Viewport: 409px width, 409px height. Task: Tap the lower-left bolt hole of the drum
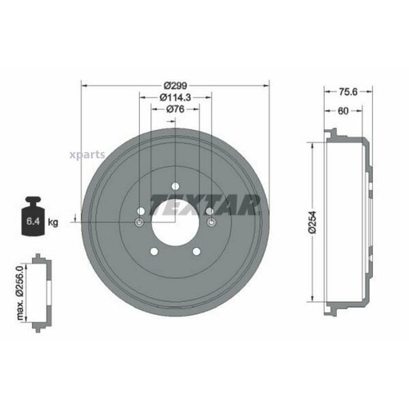pos(153,252)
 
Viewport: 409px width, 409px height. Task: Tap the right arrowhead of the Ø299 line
pos(267,84)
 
